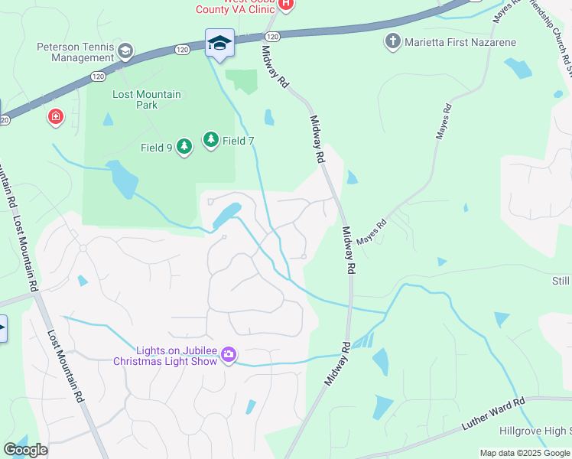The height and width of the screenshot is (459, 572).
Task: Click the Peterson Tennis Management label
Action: pos(75,52)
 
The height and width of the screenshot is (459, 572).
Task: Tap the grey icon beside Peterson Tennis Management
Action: pos(125,52)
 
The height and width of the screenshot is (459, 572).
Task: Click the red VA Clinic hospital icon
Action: pos(285,4)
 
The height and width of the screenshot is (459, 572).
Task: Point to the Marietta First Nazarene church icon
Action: pos(393,41)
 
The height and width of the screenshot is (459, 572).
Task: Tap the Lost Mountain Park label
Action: pos(146,99)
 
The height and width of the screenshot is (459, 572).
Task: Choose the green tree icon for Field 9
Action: pos(184,146)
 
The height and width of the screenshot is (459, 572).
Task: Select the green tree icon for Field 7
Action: pos(210,140)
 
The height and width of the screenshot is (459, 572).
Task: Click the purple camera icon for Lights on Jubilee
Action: pos(228,355)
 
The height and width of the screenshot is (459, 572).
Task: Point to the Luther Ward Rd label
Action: pos(493,413)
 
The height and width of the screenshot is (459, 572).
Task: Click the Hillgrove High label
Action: pos(535,431)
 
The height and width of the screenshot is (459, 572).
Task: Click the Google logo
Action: pos(25,450)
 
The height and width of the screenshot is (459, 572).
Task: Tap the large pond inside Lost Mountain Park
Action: pos(122,178)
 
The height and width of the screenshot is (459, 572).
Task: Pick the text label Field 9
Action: pos(156,148)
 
